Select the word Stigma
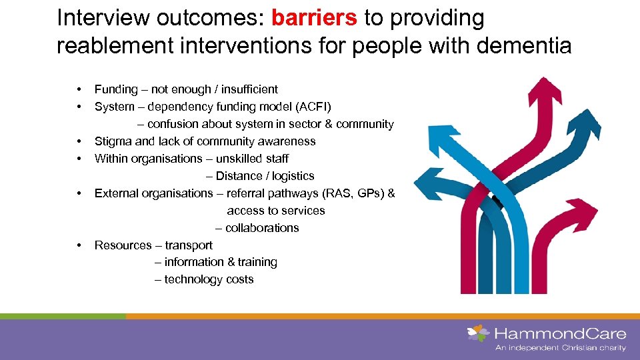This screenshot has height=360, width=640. [113, 141]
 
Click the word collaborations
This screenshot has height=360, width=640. [262, 228]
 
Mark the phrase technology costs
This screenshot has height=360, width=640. [209, 280]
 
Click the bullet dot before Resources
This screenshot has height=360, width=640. [79, 245]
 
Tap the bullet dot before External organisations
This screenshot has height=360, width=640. [79, 193]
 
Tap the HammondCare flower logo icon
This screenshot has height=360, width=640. [478, 333]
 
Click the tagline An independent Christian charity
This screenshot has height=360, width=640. [560, 348]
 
